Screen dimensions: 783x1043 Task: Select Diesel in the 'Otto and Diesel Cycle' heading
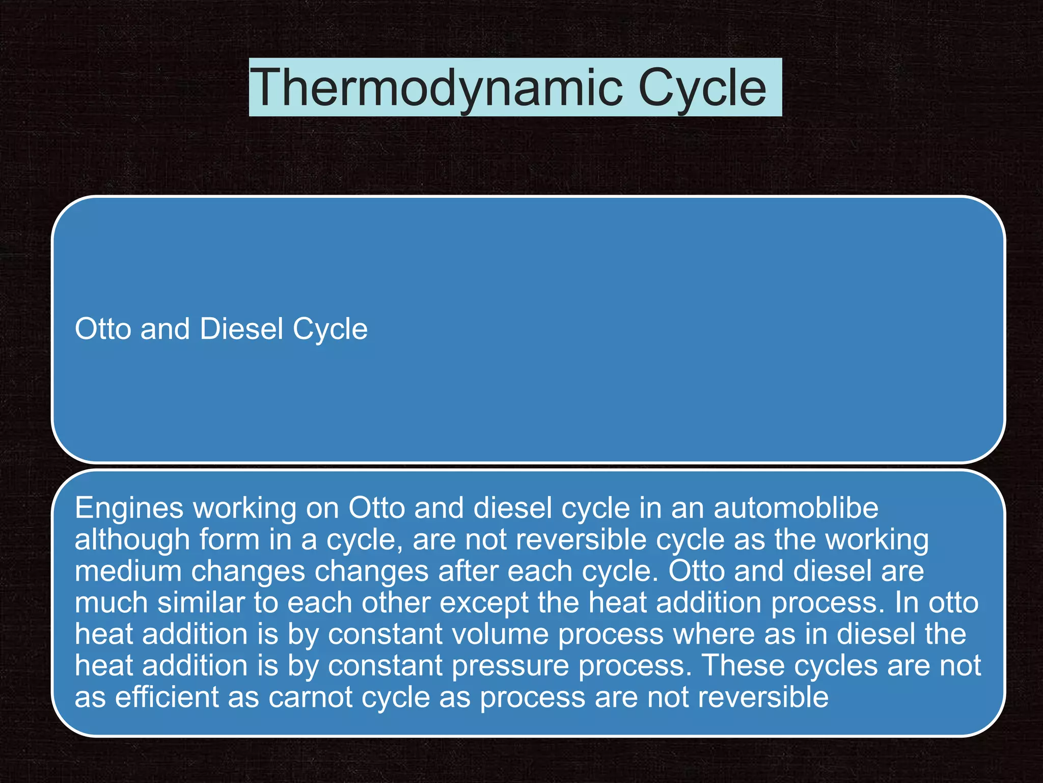pyautogui.click(x=241, y=329)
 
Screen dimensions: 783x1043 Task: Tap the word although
pyautogui.click(x=132, y=539)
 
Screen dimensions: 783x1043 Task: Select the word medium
pyautogui.click(x=128, y=571)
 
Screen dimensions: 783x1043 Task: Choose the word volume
pyautogui.click(x=502, y=634)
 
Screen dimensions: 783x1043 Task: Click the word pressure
pyautogui.click(x=510, y=666)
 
